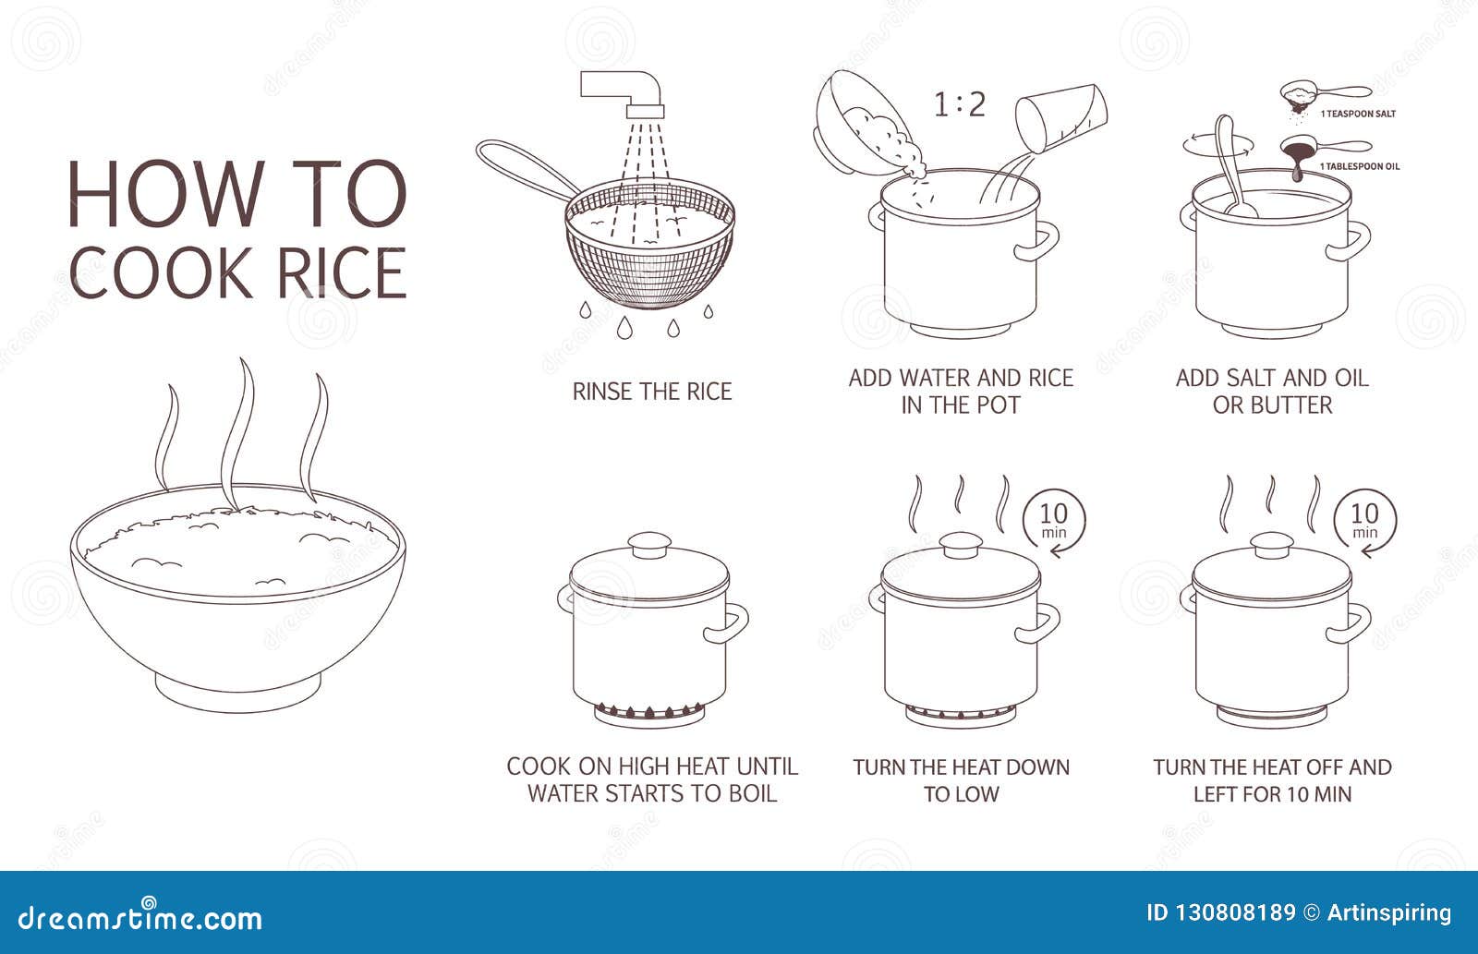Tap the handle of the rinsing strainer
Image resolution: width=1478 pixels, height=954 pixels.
(526, 168)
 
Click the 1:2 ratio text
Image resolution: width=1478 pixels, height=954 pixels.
(960, 105)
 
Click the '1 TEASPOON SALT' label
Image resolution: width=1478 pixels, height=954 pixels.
(1358, 115)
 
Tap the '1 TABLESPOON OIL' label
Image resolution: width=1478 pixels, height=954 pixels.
(1359, 166)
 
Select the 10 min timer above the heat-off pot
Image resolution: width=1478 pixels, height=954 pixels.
(1364, 519)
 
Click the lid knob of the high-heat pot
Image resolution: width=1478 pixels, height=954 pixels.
(649, 545)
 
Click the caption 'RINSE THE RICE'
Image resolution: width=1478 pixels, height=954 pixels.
(652, 392)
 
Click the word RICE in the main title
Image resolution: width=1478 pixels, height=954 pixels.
(341, 273)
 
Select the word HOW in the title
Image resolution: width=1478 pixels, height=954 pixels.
(165, 193)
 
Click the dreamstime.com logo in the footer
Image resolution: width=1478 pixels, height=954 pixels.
(139, 916)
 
